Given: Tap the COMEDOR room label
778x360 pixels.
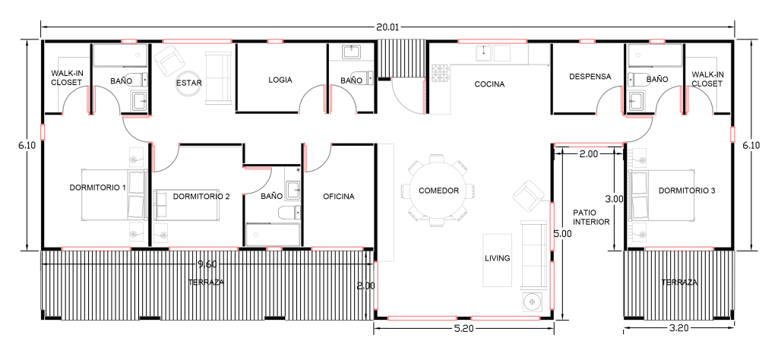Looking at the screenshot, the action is point(438,191).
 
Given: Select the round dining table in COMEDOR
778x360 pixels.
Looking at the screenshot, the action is point(438,191).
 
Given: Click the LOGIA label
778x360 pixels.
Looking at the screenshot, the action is point(280,80).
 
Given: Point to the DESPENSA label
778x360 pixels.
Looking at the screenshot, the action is point(590,77).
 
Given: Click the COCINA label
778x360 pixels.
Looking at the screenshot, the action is point(489,84).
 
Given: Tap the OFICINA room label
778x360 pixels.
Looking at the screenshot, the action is point(339,197).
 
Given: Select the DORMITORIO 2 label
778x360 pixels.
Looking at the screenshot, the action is point(201,197).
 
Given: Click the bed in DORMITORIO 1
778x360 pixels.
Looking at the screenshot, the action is point(113,194).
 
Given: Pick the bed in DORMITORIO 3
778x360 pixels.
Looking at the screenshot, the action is point(662,195).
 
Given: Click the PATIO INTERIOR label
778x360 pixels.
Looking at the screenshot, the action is point(591,217).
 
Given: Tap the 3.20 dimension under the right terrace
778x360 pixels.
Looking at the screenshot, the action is point(678,328).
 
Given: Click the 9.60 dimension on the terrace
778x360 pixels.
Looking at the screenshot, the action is point(207,264).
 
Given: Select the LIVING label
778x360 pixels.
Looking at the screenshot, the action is point(498,258).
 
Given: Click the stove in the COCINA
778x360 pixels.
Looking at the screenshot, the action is point(440,74).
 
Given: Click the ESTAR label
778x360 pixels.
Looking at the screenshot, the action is point(189,83).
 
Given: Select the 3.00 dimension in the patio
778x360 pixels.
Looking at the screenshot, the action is point(614,199).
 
